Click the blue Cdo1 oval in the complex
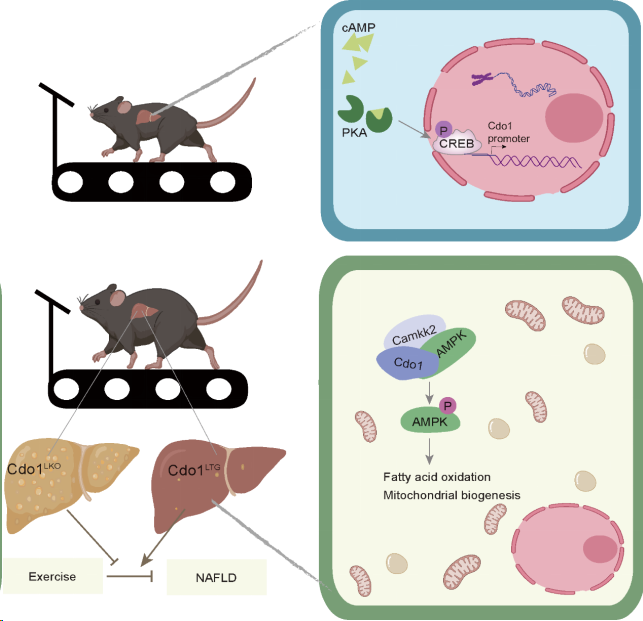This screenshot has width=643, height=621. tap(405, 362)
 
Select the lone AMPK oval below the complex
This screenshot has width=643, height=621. tap(430, 422)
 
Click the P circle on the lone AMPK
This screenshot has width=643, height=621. tap(448, 404)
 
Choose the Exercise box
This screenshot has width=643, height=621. tap(53, 576)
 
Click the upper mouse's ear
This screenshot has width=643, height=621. tap(122, 104)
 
